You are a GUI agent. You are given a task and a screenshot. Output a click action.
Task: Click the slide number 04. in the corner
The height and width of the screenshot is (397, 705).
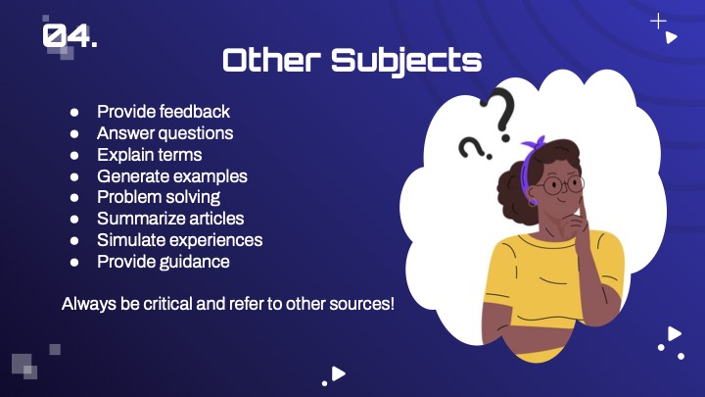pyautogui.click(x=70, y=35)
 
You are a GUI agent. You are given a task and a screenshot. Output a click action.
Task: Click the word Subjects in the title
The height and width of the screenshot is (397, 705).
pyautogui.click(x=406, y=61)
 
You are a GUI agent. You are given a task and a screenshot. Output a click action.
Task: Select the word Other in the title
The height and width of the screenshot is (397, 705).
pyautogui.click(x=272, y=60)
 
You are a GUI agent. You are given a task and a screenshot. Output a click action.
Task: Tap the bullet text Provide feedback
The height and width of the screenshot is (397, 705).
pyautogui.click(x=164, y=112)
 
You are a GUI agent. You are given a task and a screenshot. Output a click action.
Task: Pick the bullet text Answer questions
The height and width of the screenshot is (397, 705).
pyautogui.click(x=165, y=133)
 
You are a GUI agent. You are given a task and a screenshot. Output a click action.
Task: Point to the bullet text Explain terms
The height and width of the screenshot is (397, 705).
pyautogui.click(x=149, y=155)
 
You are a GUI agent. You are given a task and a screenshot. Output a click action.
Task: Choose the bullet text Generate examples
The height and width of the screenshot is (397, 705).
pyautogui.click(x=172, y=176)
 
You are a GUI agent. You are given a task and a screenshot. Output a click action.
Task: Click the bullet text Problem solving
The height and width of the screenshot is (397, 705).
pyautogui.click(x=159, y=197)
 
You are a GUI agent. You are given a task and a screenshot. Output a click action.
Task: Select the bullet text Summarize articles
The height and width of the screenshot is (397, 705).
pyautogui.click(x=170, y=219)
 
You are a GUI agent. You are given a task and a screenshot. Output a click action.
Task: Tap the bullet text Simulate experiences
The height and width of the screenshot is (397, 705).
pyautogui.click(x=180, y=240)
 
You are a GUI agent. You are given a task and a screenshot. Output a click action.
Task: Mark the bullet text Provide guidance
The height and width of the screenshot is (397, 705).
pyautogui.click(x=164, y=262)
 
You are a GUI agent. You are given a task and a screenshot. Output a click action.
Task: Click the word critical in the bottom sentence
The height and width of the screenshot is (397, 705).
pyautogui.click(x=167, y=304)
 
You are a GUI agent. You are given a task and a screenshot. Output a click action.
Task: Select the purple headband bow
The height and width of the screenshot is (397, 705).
pyautogui.click(x=535, y=144)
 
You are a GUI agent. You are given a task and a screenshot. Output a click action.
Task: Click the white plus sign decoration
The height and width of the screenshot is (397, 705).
pyautogui.click(x=658, y=22)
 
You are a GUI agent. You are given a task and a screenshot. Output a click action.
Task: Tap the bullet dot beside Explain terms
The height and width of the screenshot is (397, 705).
pyautogui.click(x=74, y=155)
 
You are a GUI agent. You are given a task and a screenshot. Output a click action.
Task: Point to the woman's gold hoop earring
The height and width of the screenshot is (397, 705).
pyautogui.click(x=533, y=202)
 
